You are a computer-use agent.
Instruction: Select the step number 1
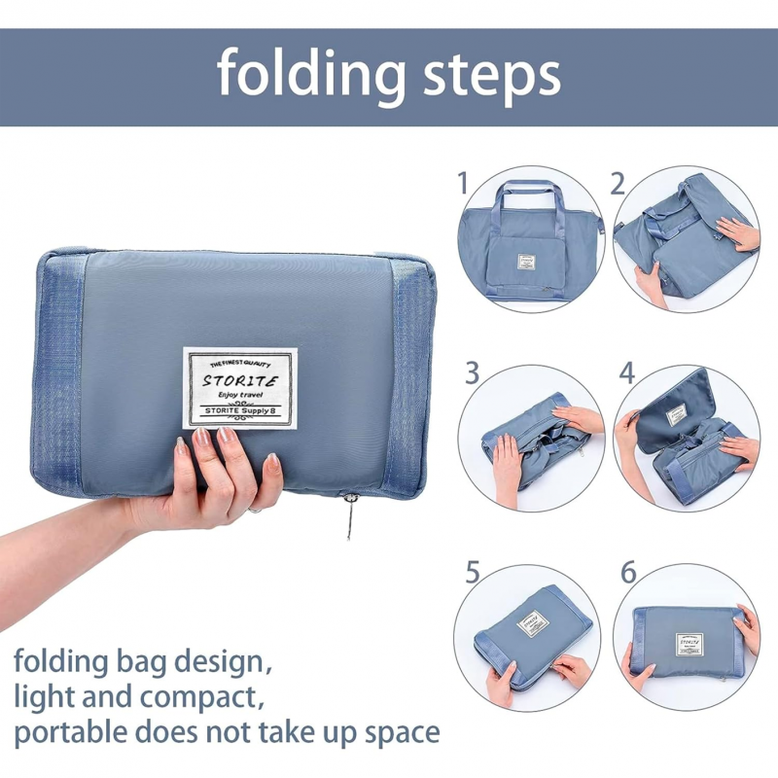pos(463,183)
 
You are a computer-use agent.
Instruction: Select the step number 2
pos(617,183)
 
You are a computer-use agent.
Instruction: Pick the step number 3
pos(473,372)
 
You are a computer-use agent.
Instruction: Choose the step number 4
pos(626,372)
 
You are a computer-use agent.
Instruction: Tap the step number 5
pos(473,572)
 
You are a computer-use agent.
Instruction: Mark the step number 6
pos(628,572)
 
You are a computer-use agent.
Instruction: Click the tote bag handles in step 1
pos(530,199)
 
